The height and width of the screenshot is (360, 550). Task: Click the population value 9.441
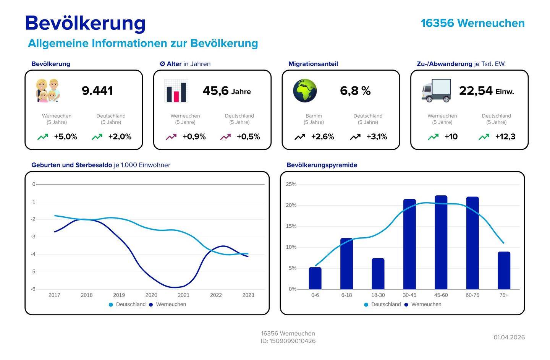coord(97,91)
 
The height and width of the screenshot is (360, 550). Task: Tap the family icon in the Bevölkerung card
coord(48,91)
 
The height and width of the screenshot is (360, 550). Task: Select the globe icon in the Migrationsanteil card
coord(305,91)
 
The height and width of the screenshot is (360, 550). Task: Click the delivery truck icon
coord(436,91)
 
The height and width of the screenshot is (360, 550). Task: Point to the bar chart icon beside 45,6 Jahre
coord(176,91)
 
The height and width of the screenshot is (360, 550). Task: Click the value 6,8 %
coord(355,91)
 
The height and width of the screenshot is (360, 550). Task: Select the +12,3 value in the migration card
coord(505,137)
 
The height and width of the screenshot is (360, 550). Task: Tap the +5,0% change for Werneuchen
coord(66,137)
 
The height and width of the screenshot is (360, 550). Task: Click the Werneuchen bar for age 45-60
coord(441,242)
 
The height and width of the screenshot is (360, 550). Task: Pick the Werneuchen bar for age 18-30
coord(378,274)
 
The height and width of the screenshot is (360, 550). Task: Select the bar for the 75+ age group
coord(504,270)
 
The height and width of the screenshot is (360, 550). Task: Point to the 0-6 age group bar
coord(315,278)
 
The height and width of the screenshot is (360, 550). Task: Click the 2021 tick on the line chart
coord(184,295)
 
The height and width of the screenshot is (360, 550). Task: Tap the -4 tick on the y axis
coord(33,254)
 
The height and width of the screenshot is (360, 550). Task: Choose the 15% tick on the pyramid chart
coord(291,226)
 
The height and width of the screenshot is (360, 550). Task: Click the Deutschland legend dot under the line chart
coord(111,305)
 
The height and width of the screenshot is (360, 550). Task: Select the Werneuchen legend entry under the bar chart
coord(423,305)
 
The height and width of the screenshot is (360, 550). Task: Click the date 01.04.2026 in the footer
coord(509,337)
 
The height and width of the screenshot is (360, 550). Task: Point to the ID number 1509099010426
coord(293,341)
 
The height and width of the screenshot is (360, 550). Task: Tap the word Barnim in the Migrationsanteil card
coord(314,116)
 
